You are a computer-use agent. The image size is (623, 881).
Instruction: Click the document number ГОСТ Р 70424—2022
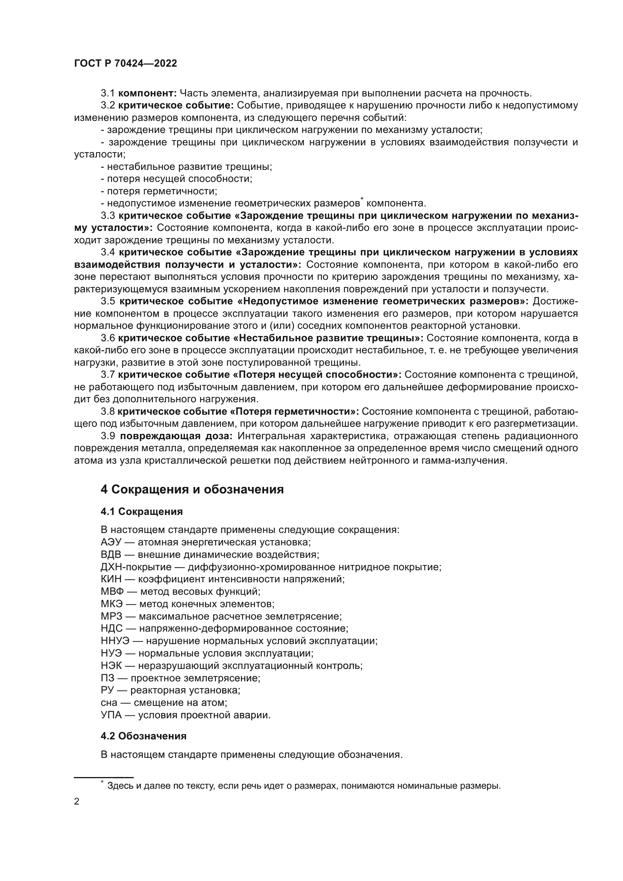[x=125, y=64]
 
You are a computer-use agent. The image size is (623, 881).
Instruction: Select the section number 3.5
[x=108, y=301]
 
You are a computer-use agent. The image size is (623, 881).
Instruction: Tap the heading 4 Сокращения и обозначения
[x=192, y=490]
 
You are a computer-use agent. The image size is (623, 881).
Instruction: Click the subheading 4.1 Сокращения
[x=142, y=511]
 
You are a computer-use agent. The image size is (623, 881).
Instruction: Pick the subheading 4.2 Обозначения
[x=144, y=736]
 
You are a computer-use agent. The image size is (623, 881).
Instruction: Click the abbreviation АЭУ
[x=111, y=542]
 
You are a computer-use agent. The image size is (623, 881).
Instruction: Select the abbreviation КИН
[x=111, y=579]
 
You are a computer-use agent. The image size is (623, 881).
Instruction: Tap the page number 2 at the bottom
[x=77, y=802]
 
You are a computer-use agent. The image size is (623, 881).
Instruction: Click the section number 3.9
[x=108, y=436]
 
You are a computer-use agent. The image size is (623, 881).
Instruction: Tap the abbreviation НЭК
[x=111, y=666]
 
